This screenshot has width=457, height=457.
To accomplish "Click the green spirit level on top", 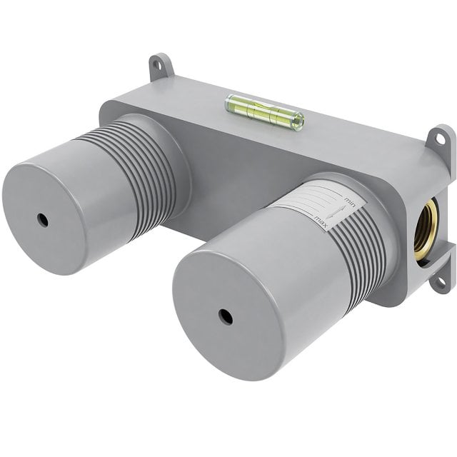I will click(264, 113).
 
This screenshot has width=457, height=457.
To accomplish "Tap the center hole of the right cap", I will click(226, 316).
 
